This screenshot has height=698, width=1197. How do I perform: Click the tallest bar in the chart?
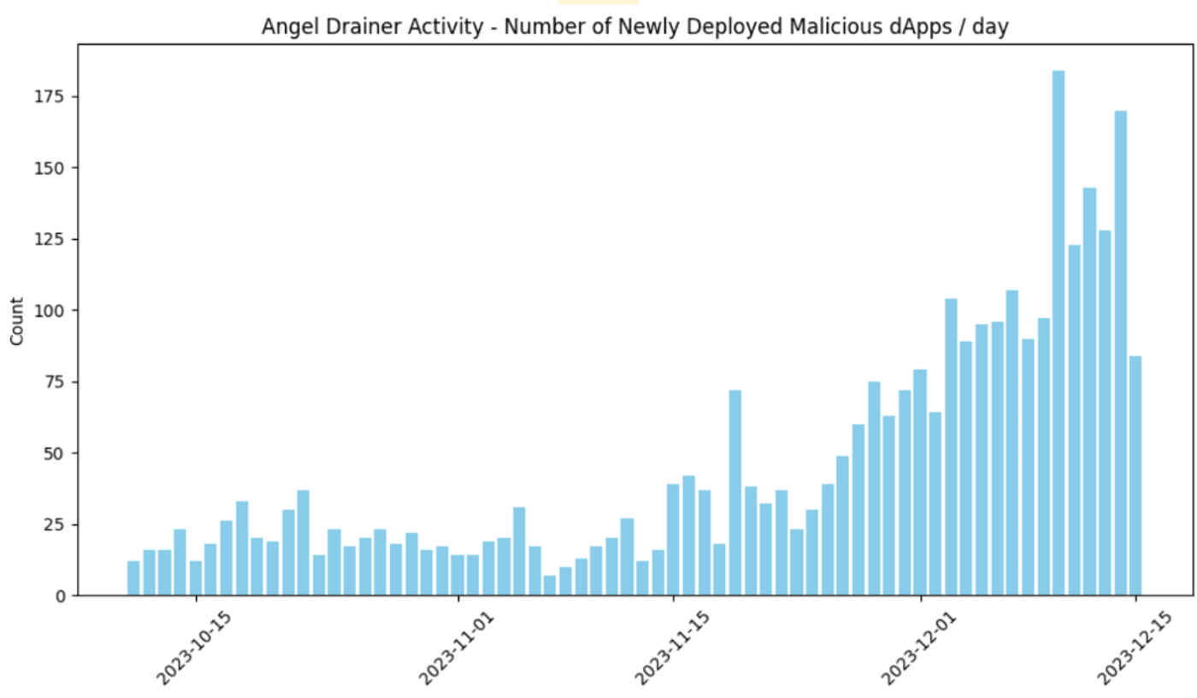click(x=1058, y=332)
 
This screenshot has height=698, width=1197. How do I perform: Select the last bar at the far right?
click(x=1135, y=475)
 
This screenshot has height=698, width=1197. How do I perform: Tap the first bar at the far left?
click(x=133, y=578)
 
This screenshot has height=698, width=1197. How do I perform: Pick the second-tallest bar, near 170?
click(x=1120, y=353)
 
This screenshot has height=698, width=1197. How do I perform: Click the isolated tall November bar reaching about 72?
click(x=734, y=492)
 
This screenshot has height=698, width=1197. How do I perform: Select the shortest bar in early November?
click(x=549, y=585)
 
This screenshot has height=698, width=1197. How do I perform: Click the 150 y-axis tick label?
click(x=50, y=168)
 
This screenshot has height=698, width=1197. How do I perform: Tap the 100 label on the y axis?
click(x=50, y=311)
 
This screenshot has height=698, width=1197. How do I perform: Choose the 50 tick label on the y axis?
click(x=54, y=454)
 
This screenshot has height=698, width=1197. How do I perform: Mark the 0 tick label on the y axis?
click(x=61, y=596)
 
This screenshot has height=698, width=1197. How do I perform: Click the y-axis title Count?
click(x=17, y=321)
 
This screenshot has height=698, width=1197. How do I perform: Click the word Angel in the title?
click(x=290, y=27)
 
